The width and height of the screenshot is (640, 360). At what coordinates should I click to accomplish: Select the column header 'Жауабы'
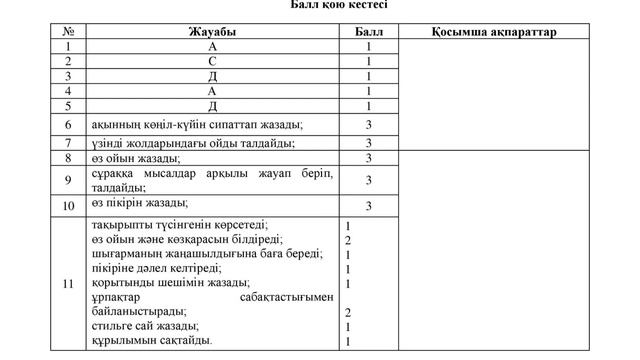pyautogui.click(x=212, y=32)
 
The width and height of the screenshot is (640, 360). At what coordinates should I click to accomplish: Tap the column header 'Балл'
pyautogui.click(x=368, y=32)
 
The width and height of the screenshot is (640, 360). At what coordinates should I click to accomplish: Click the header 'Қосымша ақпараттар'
pyautogui.click(x=495, y=32)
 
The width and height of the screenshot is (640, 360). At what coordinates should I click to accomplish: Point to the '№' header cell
pyautogui.click(x=67, y=32)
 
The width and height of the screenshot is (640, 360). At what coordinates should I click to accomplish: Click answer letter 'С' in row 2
pyautogui.click(x=212, y=61)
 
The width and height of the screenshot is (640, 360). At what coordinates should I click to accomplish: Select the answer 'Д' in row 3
pyautogui.click(x=212, y=76)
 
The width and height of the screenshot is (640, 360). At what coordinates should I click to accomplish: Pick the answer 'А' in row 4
pyautogui.click(x=212, y=91)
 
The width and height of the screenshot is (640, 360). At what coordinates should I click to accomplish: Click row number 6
pyautogui.click(x=67, y=124)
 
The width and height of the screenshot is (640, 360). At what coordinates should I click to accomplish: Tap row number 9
pyautogui.click(x=67, y=181)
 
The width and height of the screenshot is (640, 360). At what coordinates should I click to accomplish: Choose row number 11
pyautogui.click(x=67, y=284)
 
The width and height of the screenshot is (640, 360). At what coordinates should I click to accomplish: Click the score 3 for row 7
pyautogui.click(x=368, y=143)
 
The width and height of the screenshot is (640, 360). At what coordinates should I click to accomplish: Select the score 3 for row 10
pyautogui.click(x=368, y=206)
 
